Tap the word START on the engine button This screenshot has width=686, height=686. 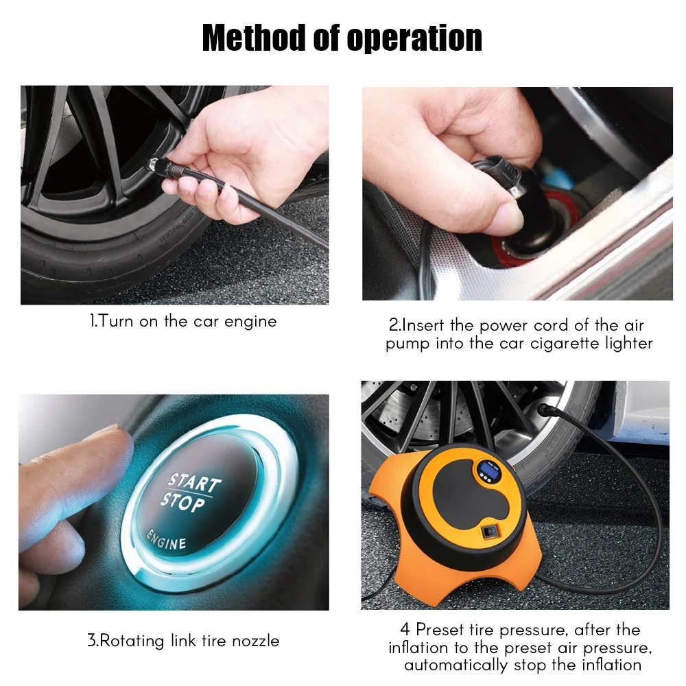[x=195, y=482]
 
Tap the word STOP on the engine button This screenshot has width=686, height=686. [x=182, y=502]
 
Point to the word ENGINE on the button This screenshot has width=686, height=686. [x=166, y=540]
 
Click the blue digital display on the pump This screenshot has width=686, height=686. [x=486, y=469]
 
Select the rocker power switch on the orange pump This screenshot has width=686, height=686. [x=490, y=532]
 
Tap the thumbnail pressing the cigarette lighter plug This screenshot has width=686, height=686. [x=508, y=217]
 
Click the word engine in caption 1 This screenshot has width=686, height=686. [x=250, y=322]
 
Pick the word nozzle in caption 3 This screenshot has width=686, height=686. [x=255, y=641]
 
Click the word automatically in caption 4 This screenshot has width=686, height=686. [x=456, y=665]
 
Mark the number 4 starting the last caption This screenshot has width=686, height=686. [x=405, y=630]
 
